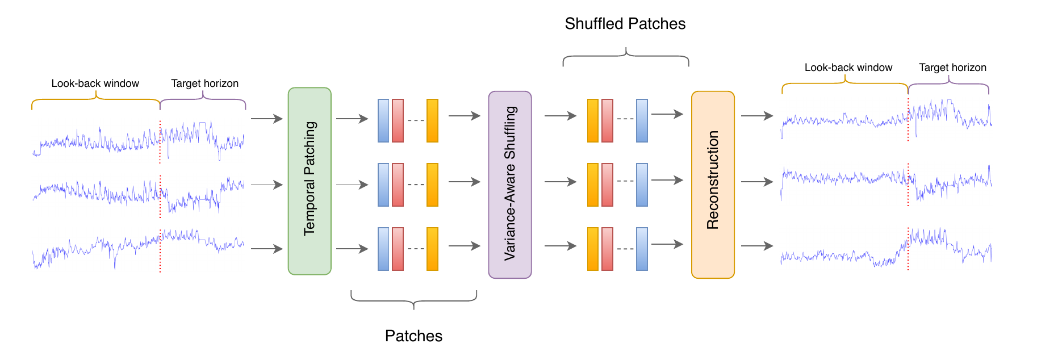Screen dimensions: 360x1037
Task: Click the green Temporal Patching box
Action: click(310, 181)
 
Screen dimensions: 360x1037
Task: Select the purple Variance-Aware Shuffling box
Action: click(509, 185)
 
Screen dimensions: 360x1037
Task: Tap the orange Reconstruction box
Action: click(713, 185)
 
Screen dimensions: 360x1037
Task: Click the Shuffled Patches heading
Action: click(625, 24)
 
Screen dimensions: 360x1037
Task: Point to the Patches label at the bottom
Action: click(413, 336)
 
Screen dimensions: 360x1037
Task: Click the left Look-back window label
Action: click(95, 83)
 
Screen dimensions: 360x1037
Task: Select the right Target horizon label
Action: click(952, 68)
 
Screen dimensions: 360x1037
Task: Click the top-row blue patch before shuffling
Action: click(383, 120)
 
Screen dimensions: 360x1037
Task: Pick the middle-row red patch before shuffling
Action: click(398, 185)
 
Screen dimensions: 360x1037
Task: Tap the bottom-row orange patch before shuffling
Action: click(432, 249)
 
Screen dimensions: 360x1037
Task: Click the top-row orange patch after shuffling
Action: click(592, 120)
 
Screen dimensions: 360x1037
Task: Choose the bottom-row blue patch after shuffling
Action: click(642, 249)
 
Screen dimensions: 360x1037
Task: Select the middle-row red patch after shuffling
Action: click(607, 185)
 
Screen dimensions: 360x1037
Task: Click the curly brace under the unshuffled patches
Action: click(413, 300)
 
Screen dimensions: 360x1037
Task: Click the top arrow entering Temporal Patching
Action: click(266, 119)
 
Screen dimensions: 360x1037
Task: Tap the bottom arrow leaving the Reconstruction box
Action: click(756, 246)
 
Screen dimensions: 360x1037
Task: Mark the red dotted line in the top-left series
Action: click(160, 142)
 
